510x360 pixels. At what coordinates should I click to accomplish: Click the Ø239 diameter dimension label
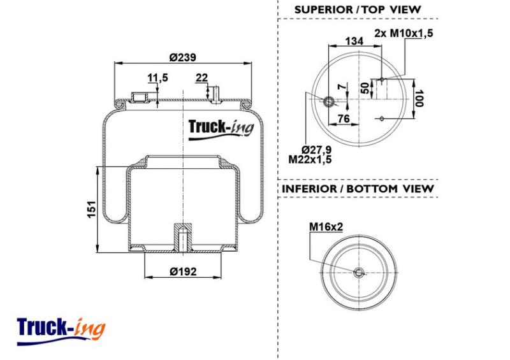click(182, 57)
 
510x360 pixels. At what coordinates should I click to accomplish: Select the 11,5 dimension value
click(157, 78)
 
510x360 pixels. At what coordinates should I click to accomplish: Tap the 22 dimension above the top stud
click(201, 78)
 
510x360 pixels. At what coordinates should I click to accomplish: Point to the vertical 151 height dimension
click(92, 210)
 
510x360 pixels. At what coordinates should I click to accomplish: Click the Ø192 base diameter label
click(183, 271)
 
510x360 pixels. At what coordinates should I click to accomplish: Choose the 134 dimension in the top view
click(354, 41)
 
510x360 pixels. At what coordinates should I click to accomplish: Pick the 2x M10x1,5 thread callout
click(404, 33)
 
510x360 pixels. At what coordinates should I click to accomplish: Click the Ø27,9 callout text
click(316, 150)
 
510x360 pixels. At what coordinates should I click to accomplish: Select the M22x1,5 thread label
click(310, 159)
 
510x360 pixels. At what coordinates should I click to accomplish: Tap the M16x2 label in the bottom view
click(326, 226)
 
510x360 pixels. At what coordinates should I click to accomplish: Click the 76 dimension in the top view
click(344, 119)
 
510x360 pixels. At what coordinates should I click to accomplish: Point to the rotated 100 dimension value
click(419, 99)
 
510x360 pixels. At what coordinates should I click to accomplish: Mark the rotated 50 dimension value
click(365, 88)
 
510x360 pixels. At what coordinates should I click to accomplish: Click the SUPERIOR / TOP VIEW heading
click(358, 10)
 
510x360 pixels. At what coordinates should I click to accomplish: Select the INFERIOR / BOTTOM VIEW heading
click(358, 189)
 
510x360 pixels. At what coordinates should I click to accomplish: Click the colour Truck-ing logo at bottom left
click(61, 331)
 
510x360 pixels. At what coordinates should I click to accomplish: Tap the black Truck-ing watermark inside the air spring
click(221, 129)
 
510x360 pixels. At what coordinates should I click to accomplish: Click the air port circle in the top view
click(328, 101)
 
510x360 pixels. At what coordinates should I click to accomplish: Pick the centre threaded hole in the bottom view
click(359, 273)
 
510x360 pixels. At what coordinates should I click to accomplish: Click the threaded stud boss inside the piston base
click(183, 237)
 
